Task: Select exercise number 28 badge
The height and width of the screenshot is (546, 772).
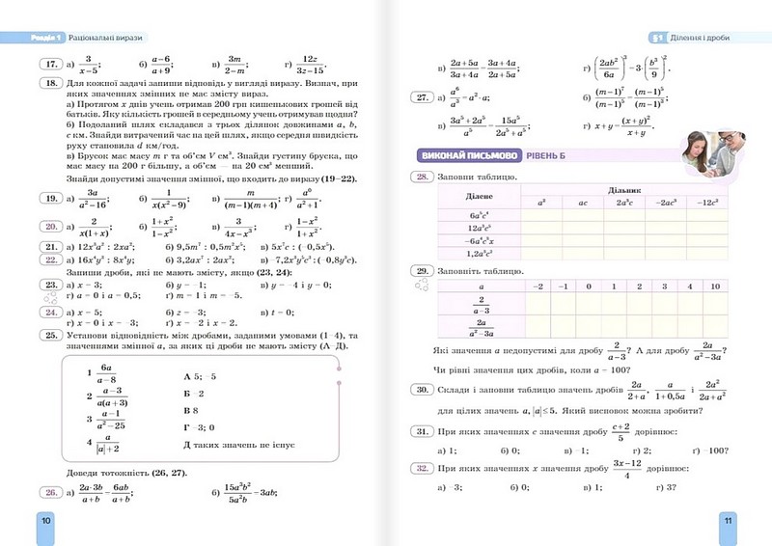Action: (421, 177)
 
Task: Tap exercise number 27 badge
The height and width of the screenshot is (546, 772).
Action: (421, 96)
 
